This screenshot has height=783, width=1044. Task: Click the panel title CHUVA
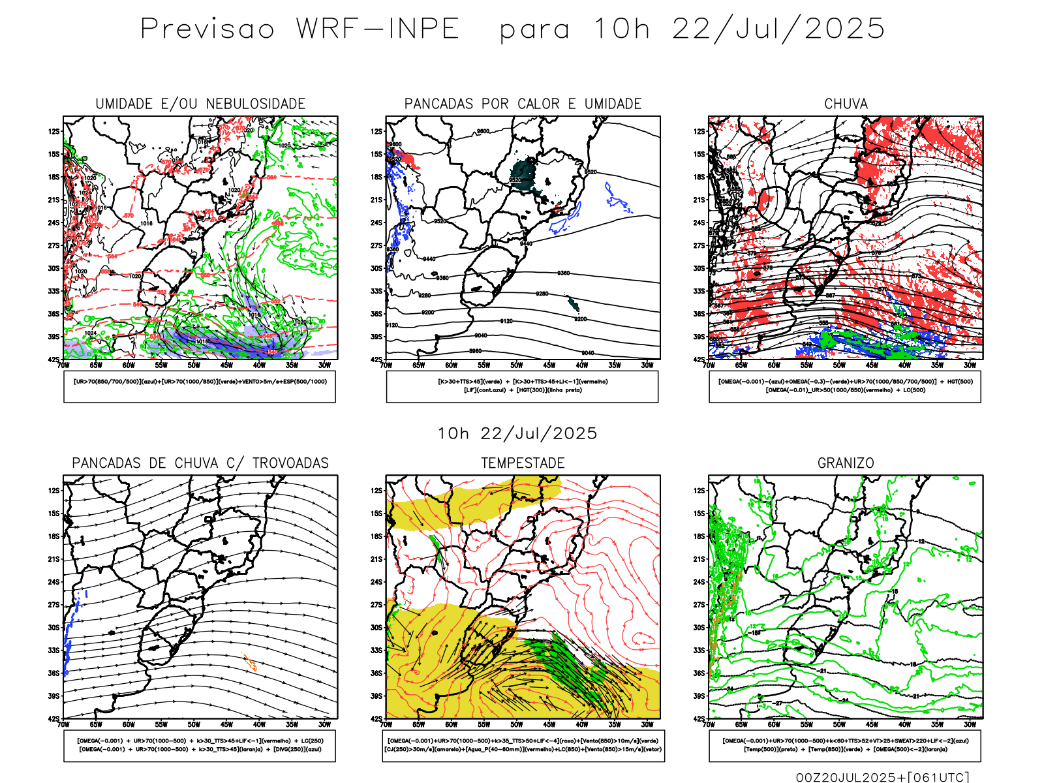click(x=846, y=104)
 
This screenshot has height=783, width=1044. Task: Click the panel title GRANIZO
click(x=846, y=463)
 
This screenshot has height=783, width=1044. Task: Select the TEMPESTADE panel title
click(x=523, y=463)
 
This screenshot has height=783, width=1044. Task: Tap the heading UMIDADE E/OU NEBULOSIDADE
click(x=200, y=104)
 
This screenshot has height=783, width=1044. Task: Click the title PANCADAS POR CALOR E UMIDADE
click(x=523, y=104)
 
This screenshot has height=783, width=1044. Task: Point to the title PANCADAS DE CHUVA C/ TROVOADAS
click(x=200, y=463)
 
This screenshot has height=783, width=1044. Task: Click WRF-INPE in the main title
click(x=378, y=29)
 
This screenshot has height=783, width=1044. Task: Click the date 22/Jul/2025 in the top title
click(x=778, y=29)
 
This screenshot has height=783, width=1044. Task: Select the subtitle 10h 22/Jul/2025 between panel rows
click(x=517, y=433)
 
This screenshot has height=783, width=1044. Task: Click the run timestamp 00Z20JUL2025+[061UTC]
click(x=882, y=776)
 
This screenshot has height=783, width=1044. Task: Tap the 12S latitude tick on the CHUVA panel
click(x=699, y=132)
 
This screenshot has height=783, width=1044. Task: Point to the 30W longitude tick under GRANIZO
click(x=970, y=724)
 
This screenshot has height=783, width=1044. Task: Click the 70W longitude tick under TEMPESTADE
click(x=386, y=724)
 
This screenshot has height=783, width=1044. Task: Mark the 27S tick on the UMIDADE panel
click(x=54, y=245)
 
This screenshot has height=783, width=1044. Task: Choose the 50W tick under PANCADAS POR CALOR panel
click(x=517, y=365)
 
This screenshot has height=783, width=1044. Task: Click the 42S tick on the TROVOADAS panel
click(x=54, y=719)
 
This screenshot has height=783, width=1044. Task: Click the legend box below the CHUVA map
click(x=845, y=386)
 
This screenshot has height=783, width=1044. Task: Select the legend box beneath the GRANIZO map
click(x=845, y=745)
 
